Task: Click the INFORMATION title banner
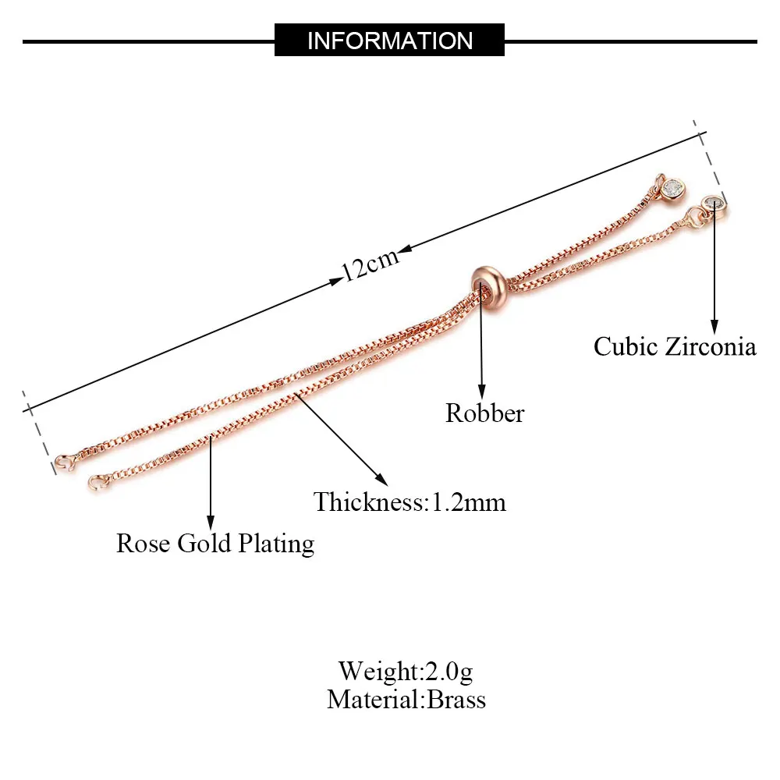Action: coord(389,40)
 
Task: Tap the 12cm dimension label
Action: coord(370,265)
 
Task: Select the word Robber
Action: coord(484,413)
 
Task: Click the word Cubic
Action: coord(626,346)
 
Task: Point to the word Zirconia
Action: coord(711,346)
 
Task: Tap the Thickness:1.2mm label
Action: coord(409,502)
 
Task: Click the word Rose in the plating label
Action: coord(144,543)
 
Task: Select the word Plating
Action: coord(276,544)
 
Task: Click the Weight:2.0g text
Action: coord(406,670)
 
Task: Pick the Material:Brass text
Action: coord(406,699)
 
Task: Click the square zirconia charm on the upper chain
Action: coord(671,188)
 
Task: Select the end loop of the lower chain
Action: coord(97,483)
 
